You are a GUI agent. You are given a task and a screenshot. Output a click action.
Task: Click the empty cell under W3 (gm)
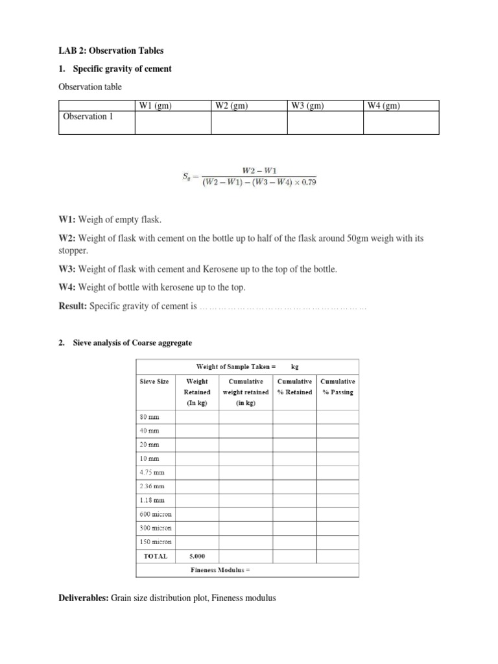(325, 123)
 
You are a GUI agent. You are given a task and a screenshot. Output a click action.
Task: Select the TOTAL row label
(155, 556)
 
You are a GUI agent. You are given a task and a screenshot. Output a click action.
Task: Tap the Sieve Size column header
(154, 381)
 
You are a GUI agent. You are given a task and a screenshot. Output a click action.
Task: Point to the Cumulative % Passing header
(337, 386)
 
